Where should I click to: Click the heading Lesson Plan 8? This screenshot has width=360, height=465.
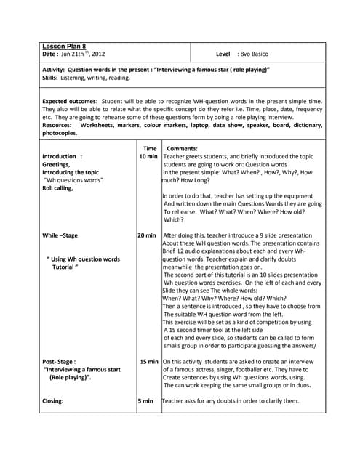tap(64, 46)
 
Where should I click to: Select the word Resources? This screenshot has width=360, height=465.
tap(59, 125)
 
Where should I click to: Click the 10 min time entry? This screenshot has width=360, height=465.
tap(148, 156)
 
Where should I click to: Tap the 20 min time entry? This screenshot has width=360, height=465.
tap(146, 235)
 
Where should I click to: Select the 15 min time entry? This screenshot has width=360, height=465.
tap(149, 361)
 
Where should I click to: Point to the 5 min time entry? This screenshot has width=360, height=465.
tap(145, 400)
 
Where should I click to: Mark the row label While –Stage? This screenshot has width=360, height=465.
tap(60, 235)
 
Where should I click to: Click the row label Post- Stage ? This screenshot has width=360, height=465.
tap(59, 361)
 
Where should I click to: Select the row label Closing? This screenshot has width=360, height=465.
tap(53, 400)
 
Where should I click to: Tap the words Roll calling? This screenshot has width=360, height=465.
tap(58, 187)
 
